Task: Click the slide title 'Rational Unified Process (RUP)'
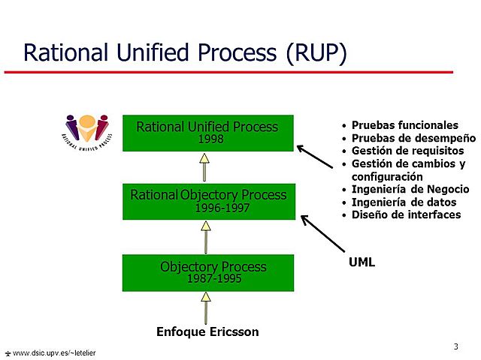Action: pos(184,53)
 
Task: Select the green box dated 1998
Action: pos(207,133)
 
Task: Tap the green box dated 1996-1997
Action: pos(207,201)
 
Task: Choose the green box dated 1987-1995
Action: pos(207,273)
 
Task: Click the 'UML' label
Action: pos(362,262)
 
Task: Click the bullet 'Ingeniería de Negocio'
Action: pos(410,189)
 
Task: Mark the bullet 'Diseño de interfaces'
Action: pos(406,214)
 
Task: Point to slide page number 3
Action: pos(456,346)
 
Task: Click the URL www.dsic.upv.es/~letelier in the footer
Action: pos(53,352)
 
